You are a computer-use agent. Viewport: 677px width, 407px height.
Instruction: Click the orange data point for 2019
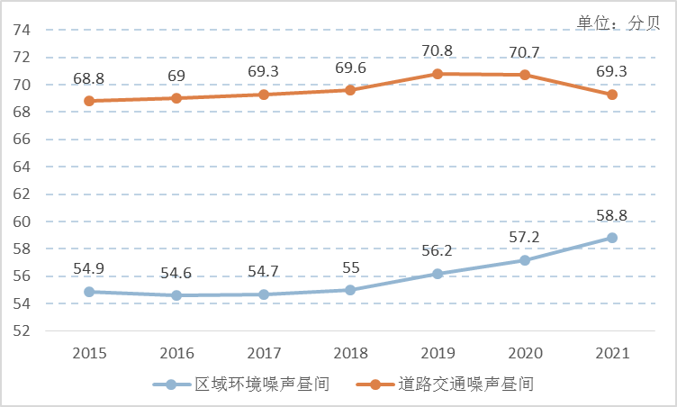point(438,74)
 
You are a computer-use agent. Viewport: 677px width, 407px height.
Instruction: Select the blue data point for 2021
point(612,238)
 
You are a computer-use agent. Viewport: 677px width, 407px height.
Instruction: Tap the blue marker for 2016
point(176,295)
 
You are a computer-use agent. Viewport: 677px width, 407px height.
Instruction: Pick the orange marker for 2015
point(89,101)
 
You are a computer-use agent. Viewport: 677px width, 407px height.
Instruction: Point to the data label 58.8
point(612,215)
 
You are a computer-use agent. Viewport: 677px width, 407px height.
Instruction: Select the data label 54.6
point(176,273)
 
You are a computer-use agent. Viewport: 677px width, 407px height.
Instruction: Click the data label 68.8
point(89,79)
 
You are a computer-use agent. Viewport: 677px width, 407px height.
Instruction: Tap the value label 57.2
point(525,238)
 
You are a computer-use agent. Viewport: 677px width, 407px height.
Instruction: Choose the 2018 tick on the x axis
point(350,353)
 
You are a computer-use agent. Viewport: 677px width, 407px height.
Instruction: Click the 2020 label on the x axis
point(525,353)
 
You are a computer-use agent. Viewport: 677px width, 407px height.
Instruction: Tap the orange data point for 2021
point(612,95)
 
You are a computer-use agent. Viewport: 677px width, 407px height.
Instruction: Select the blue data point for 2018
point(350,290)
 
